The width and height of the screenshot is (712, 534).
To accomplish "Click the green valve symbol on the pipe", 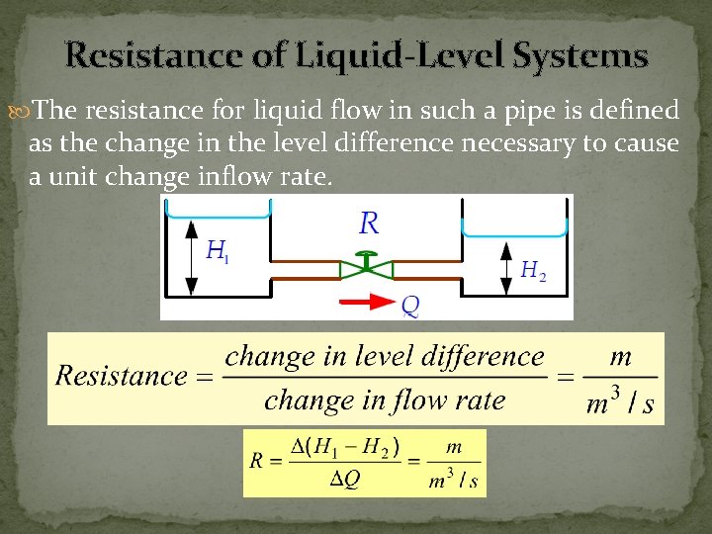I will pyautogui.click(x=365, y=267).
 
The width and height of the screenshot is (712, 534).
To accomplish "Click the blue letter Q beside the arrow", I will pyautogui.click(x=409, y=307).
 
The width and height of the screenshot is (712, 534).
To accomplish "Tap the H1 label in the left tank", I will pyautogui.click(x=218, y=251).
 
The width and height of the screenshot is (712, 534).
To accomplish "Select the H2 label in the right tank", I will pyautogui.click(x=533, y=270).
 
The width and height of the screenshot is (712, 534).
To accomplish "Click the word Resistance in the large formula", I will pyautogui.click(x=122, y=377).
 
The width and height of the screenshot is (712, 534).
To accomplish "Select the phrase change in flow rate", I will pyautogui.click(x=385, y=400).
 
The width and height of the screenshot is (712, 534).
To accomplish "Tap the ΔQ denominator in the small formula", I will pyautogui.click(x=345, y=479).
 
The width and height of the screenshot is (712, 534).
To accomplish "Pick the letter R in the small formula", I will pyautogui.click(x=256, y=463).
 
